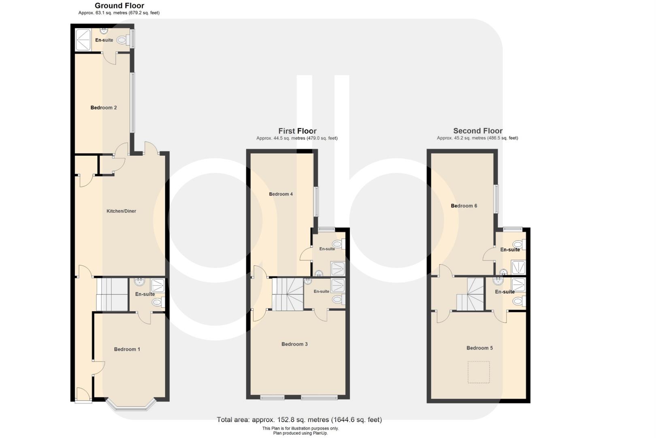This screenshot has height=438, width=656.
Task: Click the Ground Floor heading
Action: point(119,6)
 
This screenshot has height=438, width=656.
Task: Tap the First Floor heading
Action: point(297,131)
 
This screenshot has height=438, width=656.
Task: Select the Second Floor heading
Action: point(477,131)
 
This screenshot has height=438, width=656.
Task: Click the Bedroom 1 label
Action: point(127,349)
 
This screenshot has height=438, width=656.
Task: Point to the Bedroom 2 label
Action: point(104,107)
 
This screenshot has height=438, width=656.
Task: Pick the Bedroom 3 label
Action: point(294,344)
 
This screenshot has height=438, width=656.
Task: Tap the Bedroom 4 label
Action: point(281,194)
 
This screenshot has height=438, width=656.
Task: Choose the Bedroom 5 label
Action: point(479,348)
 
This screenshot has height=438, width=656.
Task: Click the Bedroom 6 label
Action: point(464,206)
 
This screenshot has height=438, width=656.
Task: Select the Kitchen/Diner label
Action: point(121,211)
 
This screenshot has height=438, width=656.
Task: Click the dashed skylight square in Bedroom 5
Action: point(479,372)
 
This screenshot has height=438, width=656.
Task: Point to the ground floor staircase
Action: point(112,294)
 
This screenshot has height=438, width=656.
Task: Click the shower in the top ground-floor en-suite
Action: point(83,40)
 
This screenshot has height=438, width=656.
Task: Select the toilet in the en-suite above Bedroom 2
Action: point(121,40)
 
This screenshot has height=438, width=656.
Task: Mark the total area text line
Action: point(299,420)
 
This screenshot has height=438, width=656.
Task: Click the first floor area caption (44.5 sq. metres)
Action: point(297,138)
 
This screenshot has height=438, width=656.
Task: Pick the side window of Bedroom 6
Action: point(496,199)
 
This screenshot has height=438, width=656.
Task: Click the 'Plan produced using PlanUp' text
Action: point(300,433)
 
